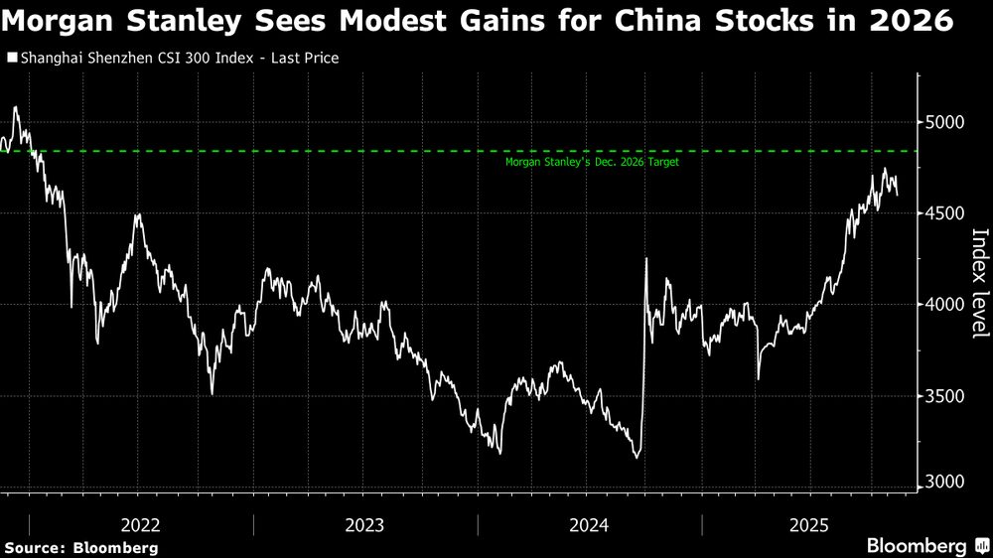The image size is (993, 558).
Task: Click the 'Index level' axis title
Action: coord(979,282)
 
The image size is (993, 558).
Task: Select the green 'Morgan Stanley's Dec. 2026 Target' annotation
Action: coord(592,162)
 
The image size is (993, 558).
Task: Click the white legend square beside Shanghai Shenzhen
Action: coord(12,59)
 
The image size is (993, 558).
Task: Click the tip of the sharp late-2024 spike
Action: coord(646,259)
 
